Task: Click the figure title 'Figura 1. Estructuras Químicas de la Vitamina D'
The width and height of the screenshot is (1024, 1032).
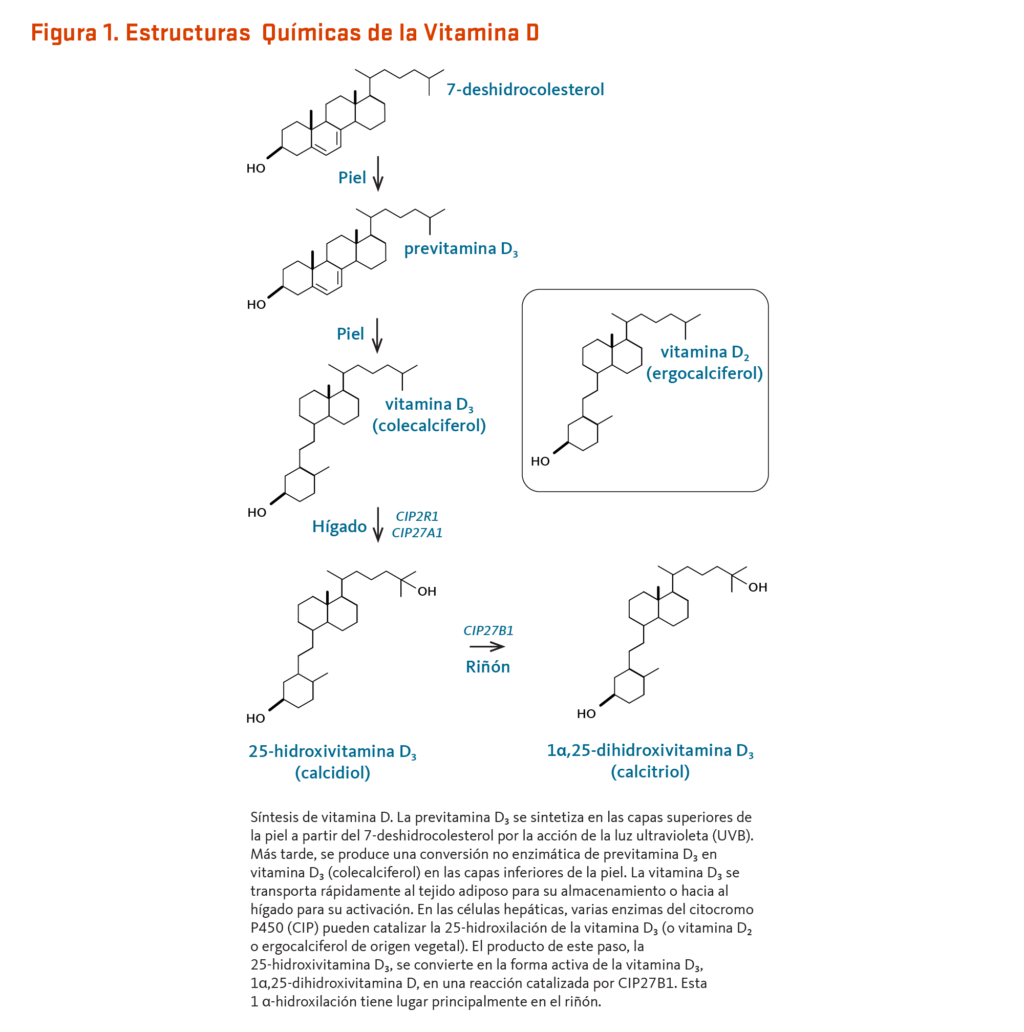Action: point(285,33)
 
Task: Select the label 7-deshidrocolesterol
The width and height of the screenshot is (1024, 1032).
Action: point(525,89)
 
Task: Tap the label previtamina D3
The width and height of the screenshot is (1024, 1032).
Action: point(461,249)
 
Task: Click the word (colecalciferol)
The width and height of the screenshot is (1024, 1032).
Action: point(429,425)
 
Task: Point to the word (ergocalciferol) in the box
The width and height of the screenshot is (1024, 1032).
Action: point(704,373)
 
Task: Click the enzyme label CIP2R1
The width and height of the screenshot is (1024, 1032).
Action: point(417,517)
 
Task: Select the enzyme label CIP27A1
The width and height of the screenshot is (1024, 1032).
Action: point(417,533)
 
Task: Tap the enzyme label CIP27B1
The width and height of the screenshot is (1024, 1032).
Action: point(488,631)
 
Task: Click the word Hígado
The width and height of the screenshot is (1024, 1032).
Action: point(339,526)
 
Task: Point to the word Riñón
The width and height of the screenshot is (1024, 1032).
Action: point(488,667)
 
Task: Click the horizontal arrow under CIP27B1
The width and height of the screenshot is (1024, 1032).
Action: point(487,647)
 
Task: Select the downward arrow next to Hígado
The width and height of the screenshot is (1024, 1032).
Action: point(378,524)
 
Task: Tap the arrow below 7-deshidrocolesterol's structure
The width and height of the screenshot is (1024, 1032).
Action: point(378,174)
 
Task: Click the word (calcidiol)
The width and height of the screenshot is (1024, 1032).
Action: point(333,772)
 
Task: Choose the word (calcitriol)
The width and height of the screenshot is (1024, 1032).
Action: point(650,771)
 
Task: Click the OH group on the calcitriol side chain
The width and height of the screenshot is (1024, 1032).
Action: point(758,587)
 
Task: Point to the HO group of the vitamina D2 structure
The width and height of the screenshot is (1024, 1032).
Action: point(540,461)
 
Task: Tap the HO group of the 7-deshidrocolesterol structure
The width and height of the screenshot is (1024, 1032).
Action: point(255,169)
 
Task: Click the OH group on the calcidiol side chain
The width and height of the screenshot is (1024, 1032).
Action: point(427,592)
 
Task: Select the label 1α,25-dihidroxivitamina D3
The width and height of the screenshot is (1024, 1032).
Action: point(650,750)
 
